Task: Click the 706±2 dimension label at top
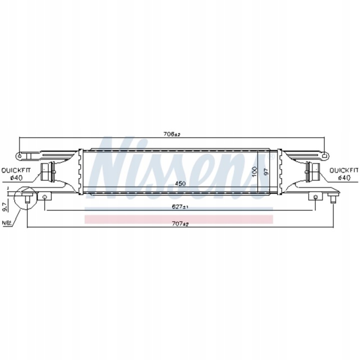(x=171, y=134)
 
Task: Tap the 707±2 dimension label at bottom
(x=180, y=223)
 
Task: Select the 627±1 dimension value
(x=180, y=206)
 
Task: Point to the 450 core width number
(x=180, y=183)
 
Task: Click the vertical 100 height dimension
(x=254, y=171)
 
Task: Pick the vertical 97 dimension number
(x=266, y=171)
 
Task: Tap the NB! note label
(x=6, y=222)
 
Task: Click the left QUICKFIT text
(x=16, y=170)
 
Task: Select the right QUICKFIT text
(x=343, y=170)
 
